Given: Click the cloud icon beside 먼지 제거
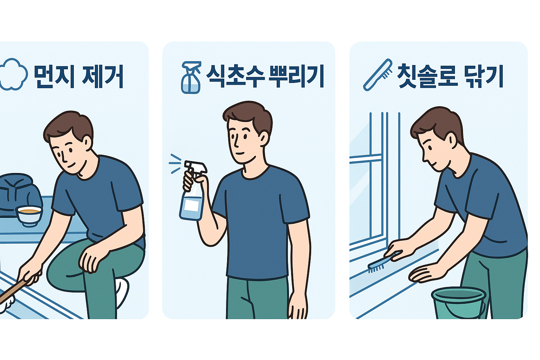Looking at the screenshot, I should [x=13, y=75].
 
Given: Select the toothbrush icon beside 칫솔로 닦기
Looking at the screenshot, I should [x=378, y=75].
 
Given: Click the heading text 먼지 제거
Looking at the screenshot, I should [x=78, y=76].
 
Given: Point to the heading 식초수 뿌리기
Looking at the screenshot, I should [x=264, y=76].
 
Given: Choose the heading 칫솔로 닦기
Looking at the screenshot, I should [x=450, y=76].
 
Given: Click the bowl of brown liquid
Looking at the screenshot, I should [x=30, y=215].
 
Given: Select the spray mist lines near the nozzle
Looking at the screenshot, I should [x=175, y=163].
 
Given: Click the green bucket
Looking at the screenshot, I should [x=458, y=302].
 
